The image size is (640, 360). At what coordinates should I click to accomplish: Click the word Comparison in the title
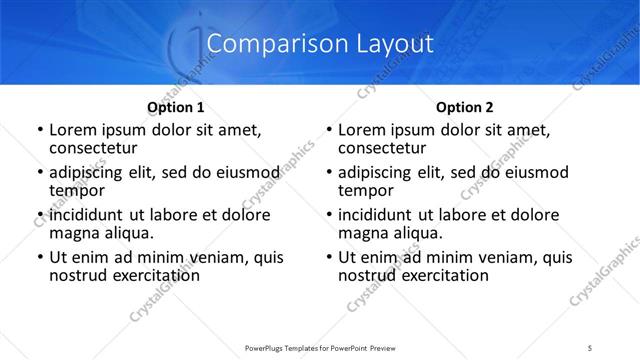point(268,44)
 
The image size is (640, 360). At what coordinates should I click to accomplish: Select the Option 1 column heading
point(175,107)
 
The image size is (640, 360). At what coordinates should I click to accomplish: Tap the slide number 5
point(590,348)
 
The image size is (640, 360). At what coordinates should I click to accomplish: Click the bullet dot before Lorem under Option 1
point(40,131)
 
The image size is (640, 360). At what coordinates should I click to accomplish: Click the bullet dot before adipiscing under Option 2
point(329,173)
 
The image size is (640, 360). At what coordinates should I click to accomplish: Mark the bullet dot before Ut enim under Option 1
point(40,258)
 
